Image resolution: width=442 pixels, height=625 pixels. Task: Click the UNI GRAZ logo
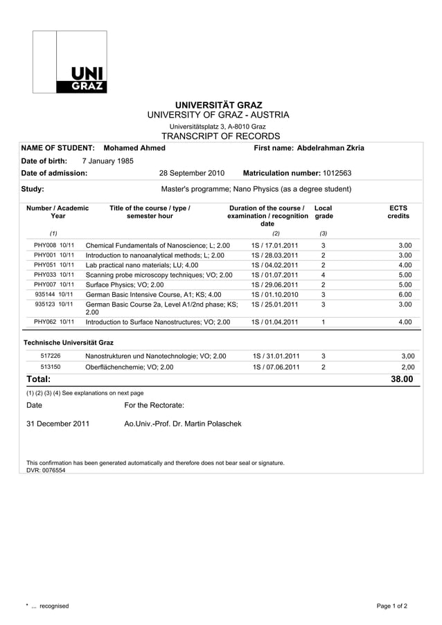click(x=70, y=62)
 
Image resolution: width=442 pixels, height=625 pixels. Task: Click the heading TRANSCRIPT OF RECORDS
click(x=220, y=136)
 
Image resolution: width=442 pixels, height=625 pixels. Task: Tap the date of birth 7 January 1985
click(x=107, y=161)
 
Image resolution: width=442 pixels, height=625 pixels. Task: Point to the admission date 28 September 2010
click(x=192, y=173)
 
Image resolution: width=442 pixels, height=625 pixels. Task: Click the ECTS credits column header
click(x=398, y=212)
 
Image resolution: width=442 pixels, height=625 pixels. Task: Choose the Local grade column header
click(x=323, y=212)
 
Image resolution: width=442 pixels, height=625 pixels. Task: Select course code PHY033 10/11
click(x=54, y=275)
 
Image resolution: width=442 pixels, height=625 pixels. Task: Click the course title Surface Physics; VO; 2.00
click(x=125, y=284)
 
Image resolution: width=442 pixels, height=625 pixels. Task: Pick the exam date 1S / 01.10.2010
click(x=275, y=294)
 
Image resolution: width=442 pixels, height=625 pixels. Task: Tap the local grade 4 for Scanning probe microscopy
click(x=324, y=275)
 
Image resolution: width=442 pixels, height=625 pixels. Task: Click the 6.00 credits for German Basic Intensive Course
click(x=405, y=294)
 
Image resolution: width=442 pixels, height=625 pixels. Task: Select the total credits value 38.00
click(x=401, y=379)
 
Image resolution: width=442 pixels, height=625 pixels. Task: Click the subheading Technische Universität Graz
click(x=69, y=343)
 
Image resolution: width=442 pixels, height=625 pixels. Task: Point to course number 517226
click(x=51, y=356)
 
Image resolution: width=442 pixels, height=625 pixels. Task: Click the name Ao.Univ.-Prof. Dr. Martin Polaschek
click(x=183, y=423)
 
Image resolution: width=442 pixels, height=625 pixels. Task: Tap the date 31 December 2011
click(x=58, y=423)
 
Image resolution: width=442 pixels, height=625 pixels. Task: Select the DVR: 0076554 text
click(x=46, y=470)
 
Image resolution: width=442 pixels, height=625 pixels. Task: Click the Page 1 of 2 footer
click(x=391, y=606)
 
